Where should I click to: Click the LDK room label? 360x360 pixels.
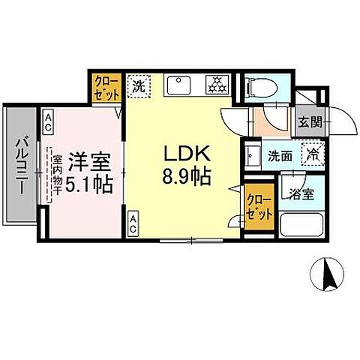[x=190, y=154]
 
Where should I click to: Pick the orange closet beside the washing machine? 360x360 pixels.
[x=106, y=87]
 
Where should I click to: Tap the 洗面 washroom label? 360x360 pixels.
[x=281, y=156]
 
